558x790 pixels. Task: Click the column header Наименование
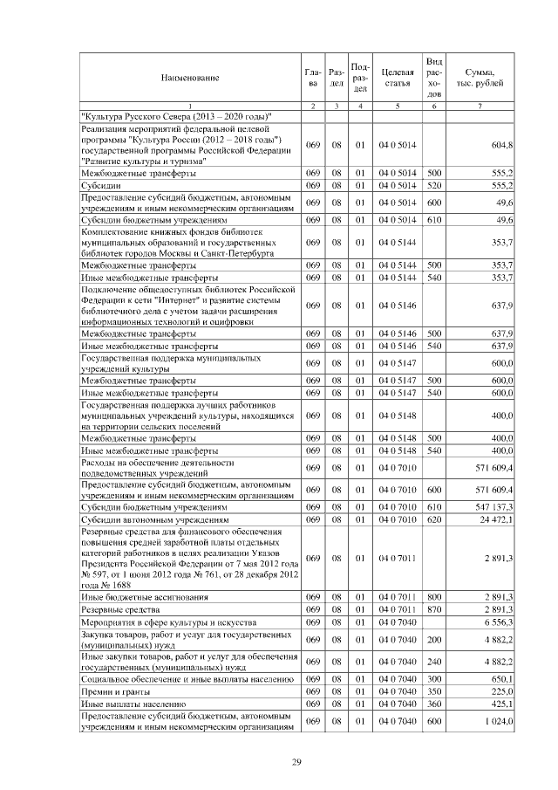click(189, 79)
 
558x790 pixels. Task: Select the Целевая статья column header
click(397, 79)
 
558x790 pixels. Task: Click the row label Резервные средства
click(119, 608)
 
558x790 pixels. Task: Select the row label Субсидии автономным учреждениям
click(149, 519)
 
